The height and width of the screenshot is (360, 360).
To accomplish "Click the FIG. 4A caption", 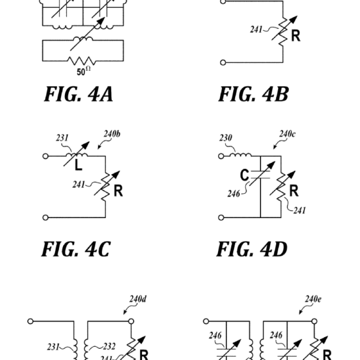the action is [79, 94].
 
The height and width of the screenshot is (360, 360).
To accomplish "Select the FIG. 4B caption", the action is [253, 94].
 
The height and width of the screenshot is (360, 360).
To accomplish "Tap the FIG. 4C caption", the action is [76, 249].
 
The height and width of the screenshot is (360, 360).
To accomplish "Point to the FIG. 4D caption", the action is [252, 249].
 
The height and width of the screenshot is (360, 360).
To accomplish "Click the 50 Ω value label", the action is [84, 71].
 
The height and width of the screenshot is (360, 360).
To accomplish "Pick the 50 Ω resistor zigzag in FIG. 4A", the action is [82, 61].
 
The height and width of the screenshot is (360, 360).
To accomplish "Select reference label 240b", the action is [112, 134].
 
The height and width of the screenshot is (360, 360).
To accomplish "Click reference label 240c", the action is [287, 134].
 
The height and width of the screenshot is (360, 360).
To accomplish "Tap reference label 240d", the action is [137, 299].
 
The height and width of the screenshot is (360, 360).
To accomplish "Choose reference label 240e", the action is [313, 299].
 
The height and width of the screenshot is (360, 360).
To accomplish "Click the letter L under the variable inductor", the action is [79, 165].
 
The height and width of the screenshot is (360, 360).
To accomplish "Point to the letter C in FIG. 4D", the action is [245, 175].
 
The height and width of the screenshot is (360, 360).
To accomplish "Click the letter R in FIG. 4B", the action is [296, 36].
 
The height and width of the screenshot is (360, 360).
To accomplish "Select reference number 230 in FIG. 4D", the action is [226, 138].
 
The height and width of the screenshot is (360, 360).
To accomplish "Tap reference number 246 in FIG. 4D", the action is [234, 194].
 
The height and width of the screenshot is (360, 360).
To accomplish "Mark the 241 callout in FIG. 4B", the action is [256, 29].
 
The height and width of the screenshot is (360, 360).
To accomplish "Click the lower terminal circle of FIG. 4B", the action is [223, 62].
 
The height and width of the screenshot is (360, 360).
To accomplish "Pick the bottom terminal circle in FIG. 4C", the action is [45, 217].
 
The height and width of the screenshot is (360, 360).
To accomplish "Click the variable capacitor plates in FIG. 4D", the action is [261, 175].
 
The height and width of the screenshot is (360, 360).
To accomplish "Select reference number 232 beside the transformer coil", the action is [109, 346].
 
